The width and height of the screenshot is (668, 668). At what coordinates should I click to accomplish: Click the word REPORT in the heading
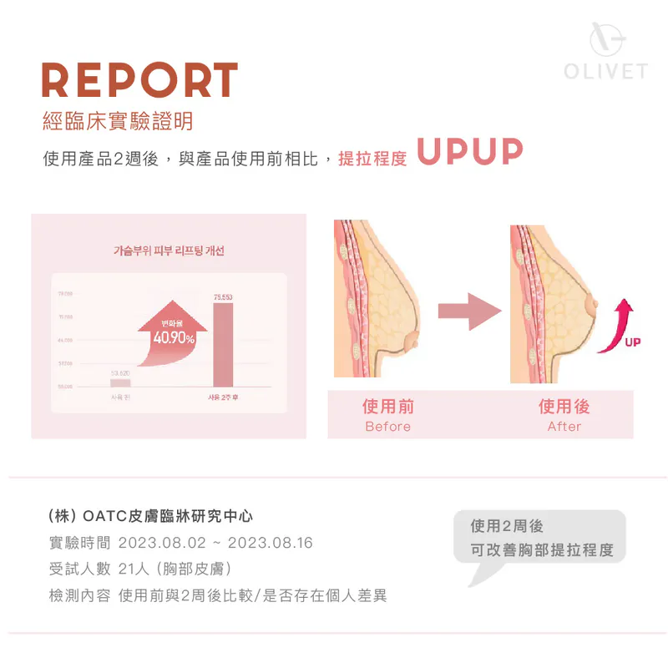point(139,81)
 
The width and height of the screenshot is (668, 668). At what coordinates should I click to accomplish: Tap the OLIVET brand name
point(605,71)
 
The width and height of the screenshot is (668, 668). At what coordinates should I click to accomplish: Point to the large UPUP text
point(469,153)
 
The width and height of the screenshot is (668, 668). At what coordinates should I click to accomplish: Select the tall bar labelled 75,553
point(223,344)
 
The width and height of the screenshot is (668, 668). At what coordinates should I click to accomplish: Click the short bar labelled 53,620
point(121,382)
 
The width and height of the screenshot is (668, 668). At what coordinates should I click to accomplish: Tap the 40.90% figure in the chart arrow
point(174,338)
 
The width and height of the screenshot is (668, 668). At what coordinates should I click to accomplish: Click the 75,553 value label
point(223,297)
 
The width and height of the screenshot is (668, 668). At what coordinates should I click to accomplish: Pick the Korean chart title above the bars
point(169,250)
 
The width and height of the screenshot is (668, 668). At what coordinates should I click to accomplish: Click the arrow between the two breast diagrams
point(468,311)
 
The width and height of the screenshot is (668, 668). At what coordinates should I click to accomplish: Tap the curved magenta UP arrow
point(620,328)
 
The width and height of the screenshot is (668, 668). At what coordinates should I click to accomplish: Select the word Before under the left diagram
point(388,427)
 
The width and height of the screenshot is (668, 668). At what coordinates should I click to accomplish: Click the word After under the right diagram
point(564,427)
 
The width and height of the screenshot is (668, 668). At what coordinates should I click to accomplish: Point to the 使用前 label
point(388,407)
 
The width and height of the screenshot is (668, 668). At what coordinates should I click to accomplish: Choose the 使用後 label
point(564,407)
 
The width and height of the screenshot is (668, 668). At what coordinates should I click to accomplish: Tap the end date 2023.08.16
point(270,543)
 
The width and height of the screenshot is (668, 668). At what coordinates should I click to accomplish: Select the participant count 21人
point(134,569)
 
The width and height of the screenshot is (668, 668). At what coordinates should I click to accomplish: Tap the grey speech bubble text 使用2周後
point(507,526)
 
